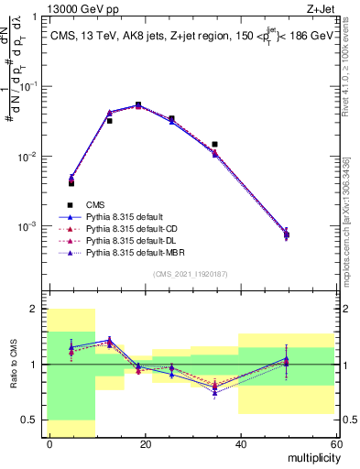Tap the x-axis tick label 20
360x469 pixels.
[x=145, y=444]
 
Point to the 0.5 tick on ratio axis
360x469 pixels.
[x=33, y=420]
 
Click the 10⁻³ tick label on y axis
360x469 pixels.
[x=29, y=225]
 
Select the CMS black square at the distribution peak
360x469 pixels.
[x=138, y=104]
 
